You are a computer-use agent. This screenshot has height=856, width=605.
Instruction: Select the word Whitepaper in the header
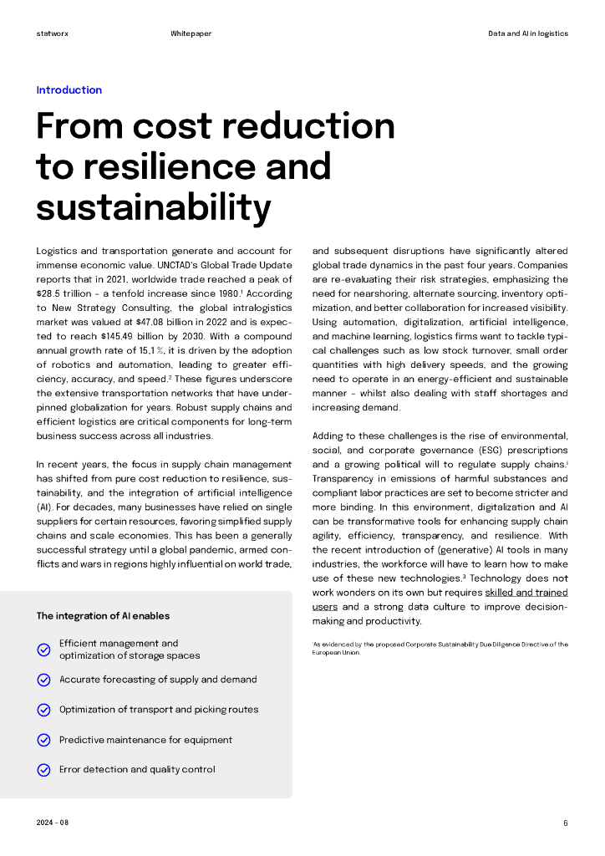pyautogui.click(x=191, y=33)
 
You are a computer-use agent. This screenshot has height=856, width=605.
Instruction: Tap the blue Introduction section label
pyautogui.click(x=69, y=90)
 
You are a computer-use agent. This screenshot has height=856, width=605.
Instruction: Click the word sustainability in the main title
pyautogui.click(x=154, y=206)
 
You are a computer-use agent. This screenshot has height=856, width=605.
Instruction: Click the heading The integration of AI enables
pyautogui.click(x=103, y=616)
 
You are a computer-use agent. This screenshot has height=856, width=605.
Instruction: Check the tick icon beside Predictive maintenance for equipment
pyautogui.click(x=44, y=740)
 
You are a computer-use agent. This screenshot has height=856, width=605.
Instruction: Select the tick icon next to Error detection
pyautogui.click(x=44, y=770)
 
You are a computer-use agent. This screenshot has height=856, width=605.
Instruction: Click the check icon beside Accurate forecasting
pyautogui.click(x=44, y=680)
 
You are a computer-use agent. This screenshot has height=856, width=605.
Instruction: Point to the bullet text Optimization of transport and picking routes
pyautogui.click(x=159, y=710)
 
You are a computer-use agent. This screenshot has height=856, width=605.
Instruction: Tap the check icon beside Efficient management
pyautogui.click(x=44, y=650)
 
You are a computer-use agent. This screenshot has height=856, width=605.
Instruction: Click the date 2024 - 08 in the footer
pyautogui.click(x=53, y=823)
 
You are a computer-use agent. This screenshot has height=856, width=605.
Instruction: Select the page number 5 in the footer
pyautogui.click(x=566, y=823)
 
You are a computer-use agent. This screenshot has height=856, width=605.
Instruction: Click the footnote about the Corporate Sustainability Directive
pyautogui.click(x=440, y=648)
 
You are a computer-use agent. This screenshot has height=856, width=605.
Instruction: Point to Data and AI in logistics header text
pyautogui.click(x=528, y=33)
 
